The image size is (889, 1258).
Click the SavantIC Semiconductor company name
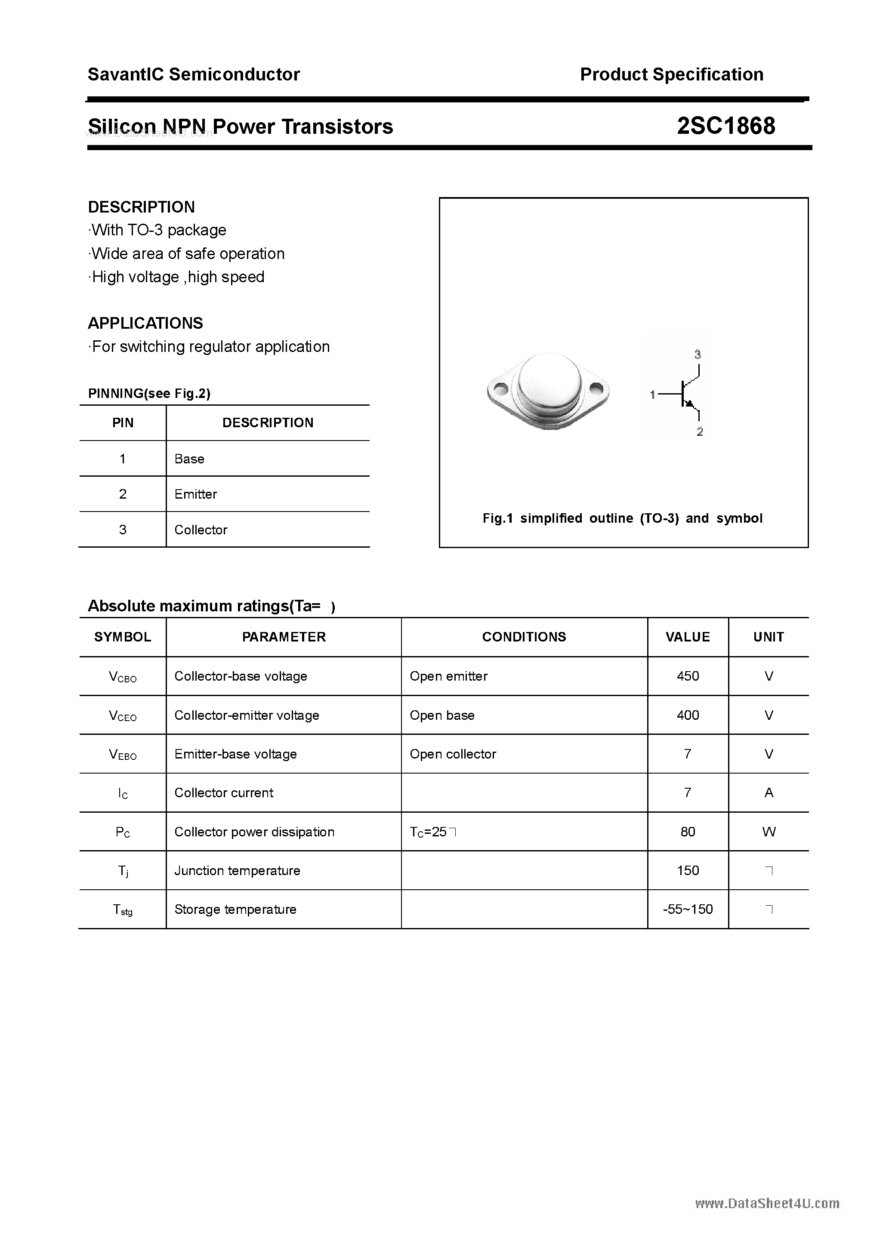coord(194,74)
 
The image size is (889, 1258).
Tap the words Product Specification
coord(671,74)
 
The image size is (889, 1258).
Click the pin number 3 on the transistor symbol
coord(697,355)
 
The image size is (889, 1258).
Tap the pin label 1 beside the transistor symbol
coord(652,395)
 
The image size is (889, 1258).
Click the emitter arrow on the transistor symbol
coord(691,404)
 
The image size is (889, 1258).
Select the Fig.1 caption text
coord(622,518)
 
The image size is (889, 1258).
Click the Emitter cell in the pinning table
coord(196,494)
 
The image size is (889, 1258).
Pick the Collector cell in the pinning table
coord(201,530)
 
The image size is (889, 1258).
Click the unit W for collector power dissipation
coord(769,832)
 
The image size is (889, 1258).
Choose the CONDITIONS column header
coord(524,637)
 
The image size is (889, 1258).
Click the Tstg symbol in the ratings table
coord(123,910)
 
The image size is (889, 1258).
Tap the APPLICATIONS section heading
coord(145,323)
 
